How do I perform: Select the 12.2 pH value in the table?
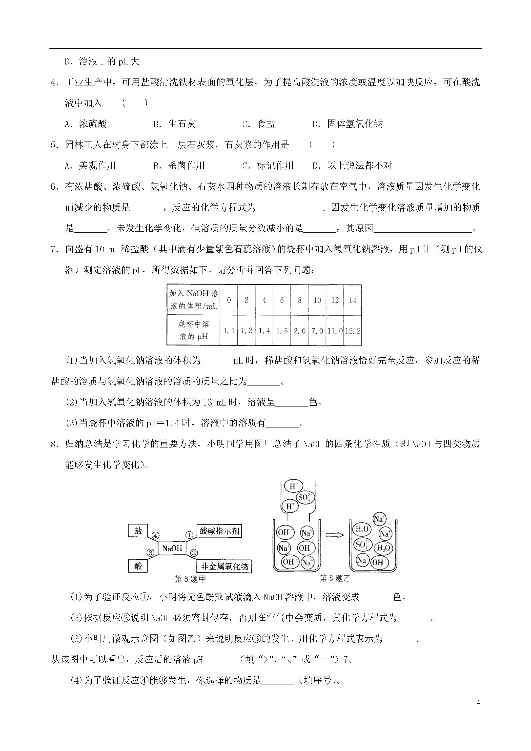pos(353,331)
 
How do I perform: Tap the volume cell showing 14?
pos(353,300)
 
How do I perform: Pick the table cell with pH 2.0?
pos(299,331)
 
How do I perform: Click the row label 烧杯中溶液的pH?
pos(193,330)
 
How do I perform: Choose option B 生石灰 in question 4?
pos(175,124)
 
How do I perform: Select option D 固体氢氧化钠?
pos(347,124)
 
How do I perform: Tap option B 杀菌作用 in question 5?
pos(179,165)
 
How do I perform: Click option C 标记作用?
pos(268,165)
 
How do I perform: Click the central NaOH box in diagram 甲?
pos(172,548)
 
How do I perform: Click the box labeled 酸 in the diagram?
pos(138,566)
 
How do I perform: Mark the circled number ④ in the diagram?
pos(155,536)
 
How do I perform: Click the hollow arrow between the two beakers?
pos(335,535)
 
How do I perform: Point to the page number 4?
pos(478,703)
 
